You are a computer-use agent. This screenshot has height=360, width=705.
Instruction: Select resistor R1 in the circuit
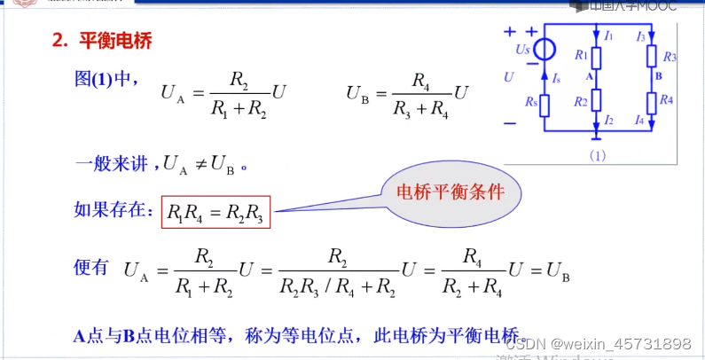coord(597,58)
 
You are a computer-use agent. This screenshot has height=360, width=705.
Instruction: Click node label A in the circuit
coord(588,78)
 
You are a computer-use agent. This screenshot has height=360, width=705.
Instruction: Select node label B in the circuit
coord(659,77)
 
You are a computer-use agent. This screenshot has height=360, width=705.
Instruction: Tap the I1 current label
coord(608,36)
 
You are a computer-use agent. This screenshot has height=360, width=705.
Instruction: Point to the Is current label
coord(556,79)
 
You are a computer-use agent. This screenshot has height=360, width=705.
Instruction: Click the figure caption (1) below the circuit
coord(596,154)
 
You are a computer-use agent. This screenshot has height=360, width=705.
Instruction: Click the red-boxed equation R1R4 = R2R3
coord(215,212)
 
